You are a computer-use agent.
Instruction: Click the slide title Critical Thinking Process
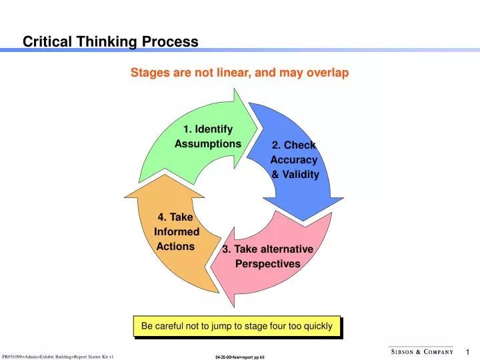[x=111, y=42]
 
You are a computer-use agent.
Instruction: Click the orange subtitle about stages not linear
[x=239, y=73]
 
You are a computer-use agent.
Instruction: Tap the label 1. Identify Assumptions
[x=207, y=136]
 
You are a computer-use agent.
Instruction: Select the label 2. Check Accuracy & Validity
[x=294, y=160]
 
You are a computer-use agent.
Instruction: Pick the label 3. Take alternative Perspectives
[x=267, y=256]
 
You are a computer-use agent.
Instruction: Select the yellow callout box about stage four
[x=237, y=326]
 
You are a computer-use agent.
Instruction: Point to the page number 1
[x=468, y=352]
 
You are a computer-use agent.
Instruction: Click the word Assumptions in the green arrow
[x=207, y=144]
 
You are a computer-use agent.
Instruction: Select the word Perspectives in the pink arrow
[x=268, y=264]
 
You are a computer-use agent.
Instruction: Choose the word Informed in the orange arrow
[x=177, y=232]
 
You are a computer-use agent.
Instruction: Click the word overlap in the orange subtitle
[x=327, y=73]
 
